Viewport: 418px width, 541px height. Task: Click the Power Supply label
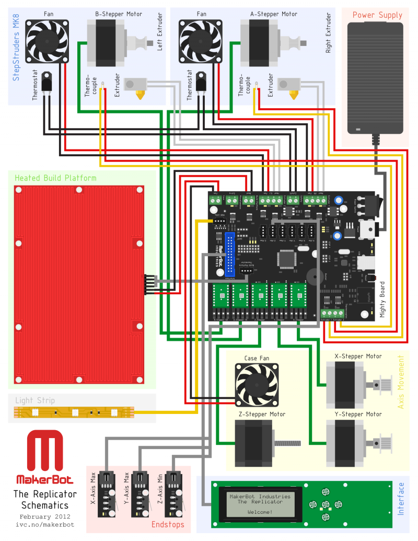(x=377, y=15)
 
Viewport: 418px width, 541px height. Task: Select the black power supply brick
(x=377, y=78)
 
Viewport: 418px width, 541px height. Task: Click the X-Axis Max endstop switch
(x=107, y=494)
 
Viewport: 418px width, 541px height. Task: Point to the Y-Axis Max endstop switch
(x=140, y=494)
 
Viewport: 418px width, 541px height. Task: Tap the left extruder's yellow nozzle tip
(x=140, y=95)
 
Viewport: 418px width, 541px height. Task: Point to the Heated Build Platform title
(x=55, y=178)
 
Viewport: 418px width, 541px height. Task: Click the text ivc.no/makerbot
(x=45, y=524)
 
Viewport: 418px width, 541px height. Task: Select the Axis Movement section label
(x=401, y=382)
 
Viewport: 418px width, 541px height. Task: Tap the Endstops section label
(x=168, y=524)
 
